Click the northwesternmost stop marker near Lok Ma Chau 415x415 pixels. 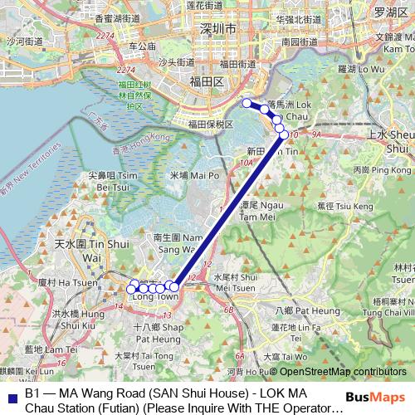(x=247, y=103)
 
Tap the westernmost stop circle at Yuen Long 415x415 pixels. (x=133, y=289)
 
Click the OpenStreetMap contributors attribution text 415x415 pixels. (x=343, y=372)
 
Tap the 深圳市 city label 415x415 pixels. (x=219, y=28)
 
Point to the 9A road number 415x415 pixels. (x=315, y=133)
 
